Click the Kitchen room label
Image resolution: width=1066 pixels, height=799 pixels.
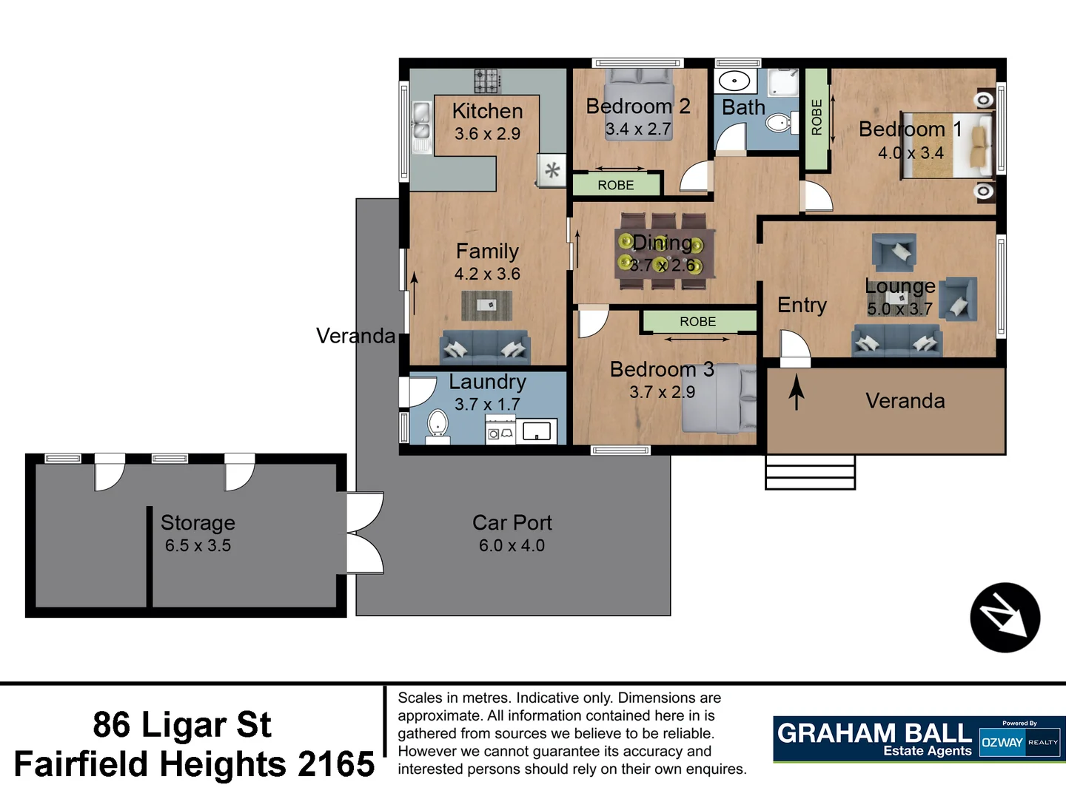[487, 111]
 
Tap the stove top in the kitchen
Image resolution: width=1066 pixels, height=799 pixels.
[487, 80]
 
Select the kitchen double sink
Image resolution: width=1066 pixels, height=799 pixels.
[421, 121]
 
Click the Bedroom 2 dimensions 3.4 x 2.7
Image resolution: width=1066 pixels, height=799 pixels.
[638, 129]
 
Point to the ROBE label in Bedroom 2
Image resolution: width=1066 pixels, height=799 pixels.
[616, 185]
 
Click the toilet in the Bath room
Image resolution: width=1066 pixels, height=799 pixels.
[779, 122]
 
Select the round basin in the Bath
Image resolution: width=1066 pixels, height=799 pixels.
[734, 81]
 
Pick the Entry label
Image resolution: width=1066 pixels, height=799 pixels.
[802, 305]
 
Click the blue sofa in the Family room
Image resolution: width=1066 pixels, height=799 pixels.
[485, 348]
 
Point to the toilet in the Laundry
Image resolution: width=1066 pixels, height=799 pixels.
[438, 425]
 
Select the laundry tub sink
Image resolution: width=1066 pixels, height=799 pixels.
[537, 431]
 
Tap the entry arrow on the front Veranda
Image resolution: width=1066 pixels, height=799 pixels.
[797, 392]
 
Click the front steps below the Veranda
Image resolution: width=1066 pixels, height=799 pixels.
[810, 472]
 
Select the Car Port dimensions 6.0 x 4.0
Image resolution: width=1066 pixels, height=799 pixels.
[512, 546]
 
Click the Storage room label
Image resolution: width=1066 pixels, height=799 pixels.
[198, 522]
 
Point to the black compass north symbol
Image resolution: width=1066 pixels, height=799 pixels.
[1005, 618]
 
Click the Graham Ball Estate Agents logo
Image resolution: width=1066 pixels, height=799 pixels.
[874, 739]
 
